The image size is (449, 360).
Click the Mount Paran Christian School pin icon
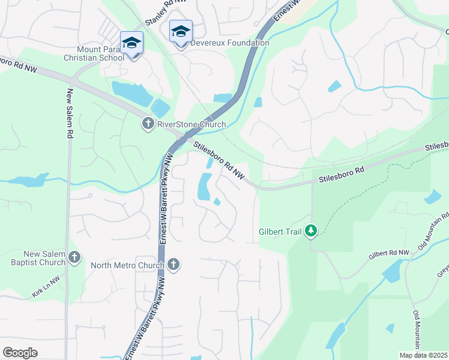[x=131, y=43]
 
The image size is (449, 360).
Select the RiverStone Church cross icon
[x=148, y=124]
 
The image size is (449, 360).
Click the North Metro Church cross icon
[x=173, y=265]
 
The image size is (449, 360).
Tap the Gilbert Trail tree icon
[x=311, y=231]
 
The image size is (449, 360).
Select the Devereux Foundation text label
[x=230, y=43]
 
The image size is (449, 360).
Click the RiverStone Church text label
[x=191, y=125]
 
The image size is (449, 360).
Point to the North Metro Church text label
[x=127, y=265]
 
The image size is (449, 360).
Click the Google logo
[x=20, y=353]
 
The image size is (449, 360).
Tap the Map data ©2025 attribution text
[x=424, y=355]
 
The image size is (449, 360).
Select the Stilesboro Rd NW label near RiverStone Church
[x=220, y=159]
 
